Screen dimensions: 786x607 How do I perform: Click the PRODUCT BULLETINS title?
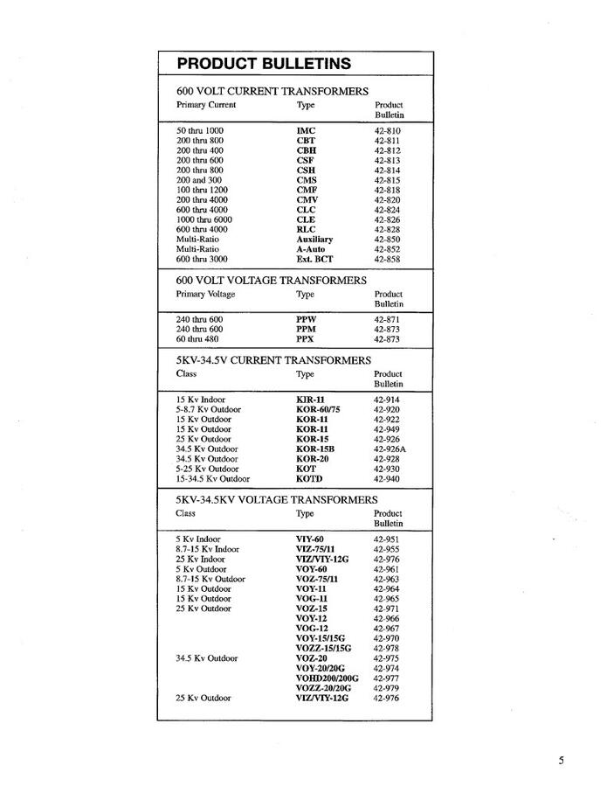[264, 63]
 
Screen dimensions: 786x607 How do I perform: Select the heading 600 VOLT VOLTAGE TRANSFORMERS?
[271, 280]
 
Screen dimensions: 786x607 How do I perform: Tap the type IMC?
[306, 130]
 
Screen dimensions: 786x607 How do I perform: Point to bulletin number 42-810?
[387, 130]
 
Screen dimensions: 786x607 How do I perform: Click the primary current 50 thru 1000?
[199, 130]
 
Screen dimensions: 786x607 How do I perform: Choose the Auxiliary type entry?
[314, 239]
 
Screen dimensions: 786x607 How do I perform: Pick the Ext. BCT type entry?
[314, 260]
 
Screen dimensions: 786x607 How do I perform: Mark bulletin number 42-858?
[387, 260]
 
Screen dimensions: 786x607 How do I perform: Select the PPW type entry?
[307, 319]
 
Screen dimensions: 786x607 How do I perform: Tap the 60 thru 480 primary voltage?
[197, 339]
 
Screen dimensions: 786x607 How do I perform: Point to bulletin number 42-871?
[387, 319]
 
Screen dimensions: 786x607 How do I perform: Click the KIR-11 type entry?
[310, 399]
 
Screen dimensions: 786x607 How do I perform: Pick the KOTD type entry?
[309, 478]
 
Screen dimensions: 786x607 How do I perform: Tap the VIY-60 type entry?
[310, 539]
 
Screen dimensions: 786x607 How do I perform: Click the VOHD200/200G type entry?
[327, 678]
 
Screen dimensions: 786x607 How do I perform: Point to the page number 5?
[562, 761]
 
